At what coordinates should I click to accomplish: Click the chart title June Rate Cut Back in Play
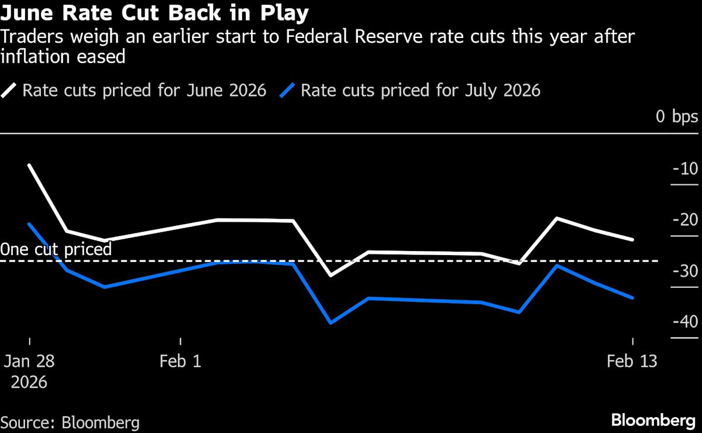point(155,13)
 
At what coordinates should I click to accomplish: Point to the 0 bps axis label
point(676,116)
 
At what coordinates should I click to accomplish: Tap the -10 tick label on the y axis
point(681,170)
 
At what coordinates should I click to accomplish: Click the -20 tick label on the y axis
point(681,221)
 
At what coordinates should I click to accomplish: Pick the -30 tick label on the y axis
point(681,272)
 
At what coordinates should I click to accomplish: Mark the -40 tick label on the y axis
point(681,322)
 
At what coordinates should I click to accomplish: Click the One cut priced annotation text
point(56,249)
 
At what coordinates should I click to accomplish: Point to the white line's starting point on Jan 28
point(29,165)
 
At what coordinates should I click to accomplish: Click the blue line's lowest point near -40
point(331,322)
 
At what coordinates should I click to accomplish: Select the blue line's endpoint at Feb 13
point(632,298)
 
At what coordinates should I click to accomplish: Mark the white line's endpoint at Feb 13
point(632,239)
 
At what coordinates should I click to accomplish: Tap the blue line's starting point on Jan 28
point(29,224)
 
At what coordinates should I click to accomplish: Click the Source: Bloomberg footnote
point(70,422)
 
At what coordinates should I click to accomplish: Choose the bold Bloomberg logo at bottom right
point(654,421)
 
